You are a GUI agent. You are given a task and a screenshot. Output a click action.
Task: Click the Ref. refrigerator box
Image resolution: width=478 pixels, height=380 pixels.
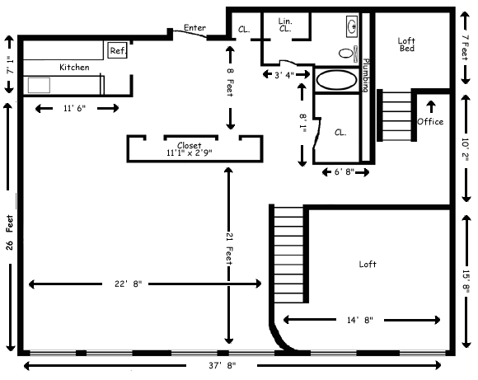point(117,50)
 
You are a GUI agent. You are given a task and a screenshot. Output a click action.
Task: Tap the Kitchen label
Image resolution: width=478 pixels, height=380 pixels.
point(74,67)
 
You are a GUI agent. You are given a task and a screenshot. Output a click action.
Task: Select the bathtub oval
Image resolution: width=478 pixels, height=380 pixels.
point(336,80)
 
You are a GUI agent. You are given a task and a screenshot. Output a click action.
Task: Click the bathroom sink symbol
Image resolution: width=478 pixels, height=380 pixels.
point(352,26)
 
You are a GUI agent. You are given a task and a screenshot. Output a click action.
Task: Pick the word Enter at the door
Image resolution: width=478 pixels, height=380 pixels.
point(194,28)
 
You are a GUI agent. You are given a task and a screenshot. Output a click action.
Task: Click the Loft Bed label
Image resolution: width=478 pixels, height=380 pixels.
point(406,45)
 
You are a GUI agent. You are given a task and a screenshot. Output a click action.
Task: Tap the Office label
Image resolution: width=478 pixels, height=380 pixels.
point(430,122)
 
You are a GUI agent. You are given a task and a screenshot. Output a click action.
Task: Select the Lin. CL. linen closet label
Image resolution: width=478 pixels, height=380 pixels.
point(285,25)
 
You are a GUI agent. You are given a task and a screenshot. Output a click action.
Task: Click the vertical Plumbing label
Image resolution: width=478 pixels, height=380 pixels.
point(366,75)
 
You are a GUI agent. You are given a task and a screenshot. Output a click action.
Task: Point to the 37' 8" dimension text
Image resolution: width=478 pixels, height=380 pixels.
point(223,365)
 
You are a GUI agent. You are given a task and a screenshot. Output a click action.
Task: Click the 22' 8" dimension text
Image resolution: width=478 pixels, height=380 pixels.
point(129,284)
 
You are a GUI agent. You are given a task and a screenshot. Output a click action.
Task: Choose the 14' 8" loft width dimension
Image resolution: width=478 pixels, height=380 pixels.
point(360,320)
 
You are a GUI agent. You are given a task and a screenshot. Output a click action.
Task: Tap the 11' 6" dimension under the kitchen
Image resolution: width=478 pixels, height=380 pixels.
point(75,108)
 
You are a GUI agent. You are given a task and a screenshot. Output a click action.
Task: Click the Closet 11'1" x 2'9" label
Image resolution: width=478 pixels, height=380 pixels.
point(190,149)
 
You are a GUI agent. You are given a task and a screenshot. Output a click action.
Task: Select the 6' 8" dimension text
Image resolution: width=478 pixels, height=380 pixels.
point(344,172)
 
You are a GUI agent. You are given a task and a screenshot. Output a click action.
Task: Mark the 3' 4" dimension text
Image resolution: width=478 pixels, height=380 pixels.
point(284,75)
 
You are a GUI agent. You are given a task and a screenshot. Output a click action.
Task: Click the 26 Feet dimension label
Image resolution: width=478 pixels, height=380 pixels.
point(9,232)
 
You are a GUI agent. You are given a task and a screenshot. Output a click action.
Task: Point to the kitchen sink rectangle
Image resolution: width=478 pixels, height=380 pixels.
point(39,85)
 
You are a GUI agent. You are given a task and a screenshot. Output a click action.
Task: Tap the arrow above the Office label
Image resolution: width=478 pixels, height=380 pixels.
point(431,106)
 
